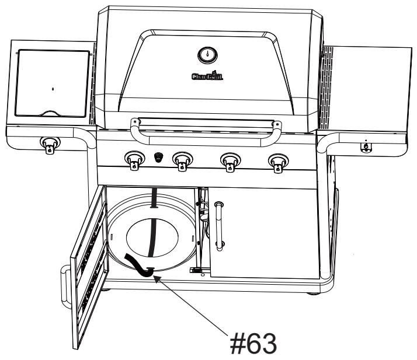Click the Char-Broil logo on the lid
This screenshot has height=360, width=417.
[x=206, y=76]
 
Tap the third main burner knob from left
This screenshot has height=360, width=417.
[x=230, y=160]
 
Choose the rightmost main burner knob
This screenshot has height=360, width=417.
[x=277, y=160]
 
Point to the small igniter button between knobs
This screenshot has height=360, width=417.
[x=158, y=158]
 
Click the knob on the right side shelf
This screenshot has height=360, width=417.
[x=366, y=145]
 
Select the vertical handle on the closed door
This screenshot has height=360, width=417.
[x=220, y=225]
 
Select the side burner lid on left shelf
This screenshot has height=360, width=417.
[x=53, y=82]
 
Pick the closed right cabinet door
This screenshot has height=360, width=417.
[x=263, y=233]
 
